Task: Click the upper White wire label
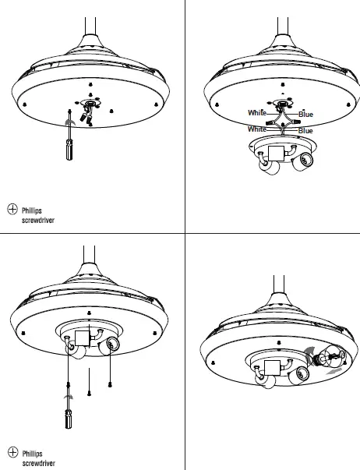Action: pyautogui.click(x=256, y=114)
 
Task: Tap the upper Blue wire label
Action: pyautogui.click(x=305, y=115)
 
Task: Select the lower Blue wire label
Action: pyautogui.click(x=305, y=130)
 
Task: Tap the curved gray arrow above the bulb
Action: pyautogui.click(x=309, y=352)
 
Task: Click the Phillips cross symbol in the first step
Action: pyautogui.click(x=12, y=209)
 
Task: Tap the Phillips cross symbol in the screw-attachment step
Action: pyautogui.click(x=12, y=451)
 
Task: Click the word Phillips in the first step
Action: pyautogui.click(x=33, y=210)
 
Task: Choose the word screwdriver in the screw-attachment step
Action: pyautogui.click(x=38, y=463)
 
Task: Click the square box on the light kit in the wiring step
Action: pyautogui.click(x=276, y=152)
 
